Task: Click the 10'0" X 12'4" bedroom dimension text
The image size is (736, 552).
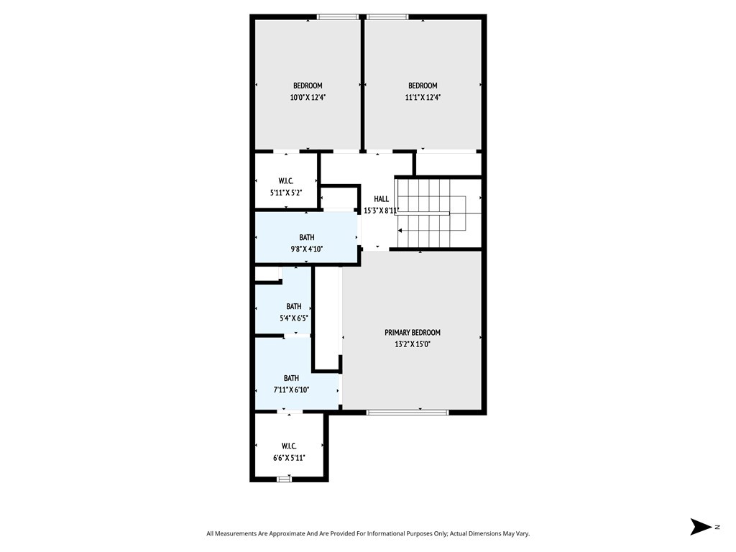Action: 307,98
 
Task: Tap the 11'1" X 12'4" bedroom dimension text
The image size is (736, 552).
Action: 422,98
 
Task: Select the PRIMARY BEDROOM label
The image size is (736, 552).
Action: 412,333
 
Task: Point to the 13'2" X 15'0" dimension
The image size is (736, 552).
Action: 412,344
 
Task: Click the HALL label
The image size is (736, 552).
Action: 381,199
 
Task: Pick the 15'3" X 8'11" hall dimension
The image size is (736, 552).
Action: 381,211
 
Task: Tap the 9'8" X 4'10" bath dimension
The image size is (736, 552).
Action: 306,249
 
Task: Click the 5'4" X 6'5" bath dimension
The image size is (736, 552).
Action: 293,318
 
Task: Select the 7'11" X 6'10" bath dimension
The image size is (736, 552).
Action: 291,390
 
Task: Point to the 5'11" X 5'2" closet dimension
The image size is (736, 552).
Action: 286,193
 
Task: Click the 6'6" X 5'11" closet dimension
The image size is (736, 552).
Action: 289,457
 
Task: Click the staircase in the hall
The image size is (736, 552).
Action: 431,213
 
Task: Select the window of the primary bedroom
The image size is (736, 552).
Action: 408,413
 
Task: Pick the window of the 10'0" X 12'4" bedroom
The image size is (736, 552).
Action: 339,17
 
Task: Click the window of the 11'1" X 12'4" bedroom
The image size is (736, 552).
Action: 387,17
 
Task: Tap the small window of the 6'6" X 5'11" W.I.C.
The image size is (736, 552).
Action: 284,479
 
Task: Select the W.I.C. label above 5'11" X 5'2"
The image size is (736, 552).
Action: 286,181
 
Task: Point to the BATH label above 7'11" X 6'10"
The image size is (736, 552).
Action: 291,378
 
